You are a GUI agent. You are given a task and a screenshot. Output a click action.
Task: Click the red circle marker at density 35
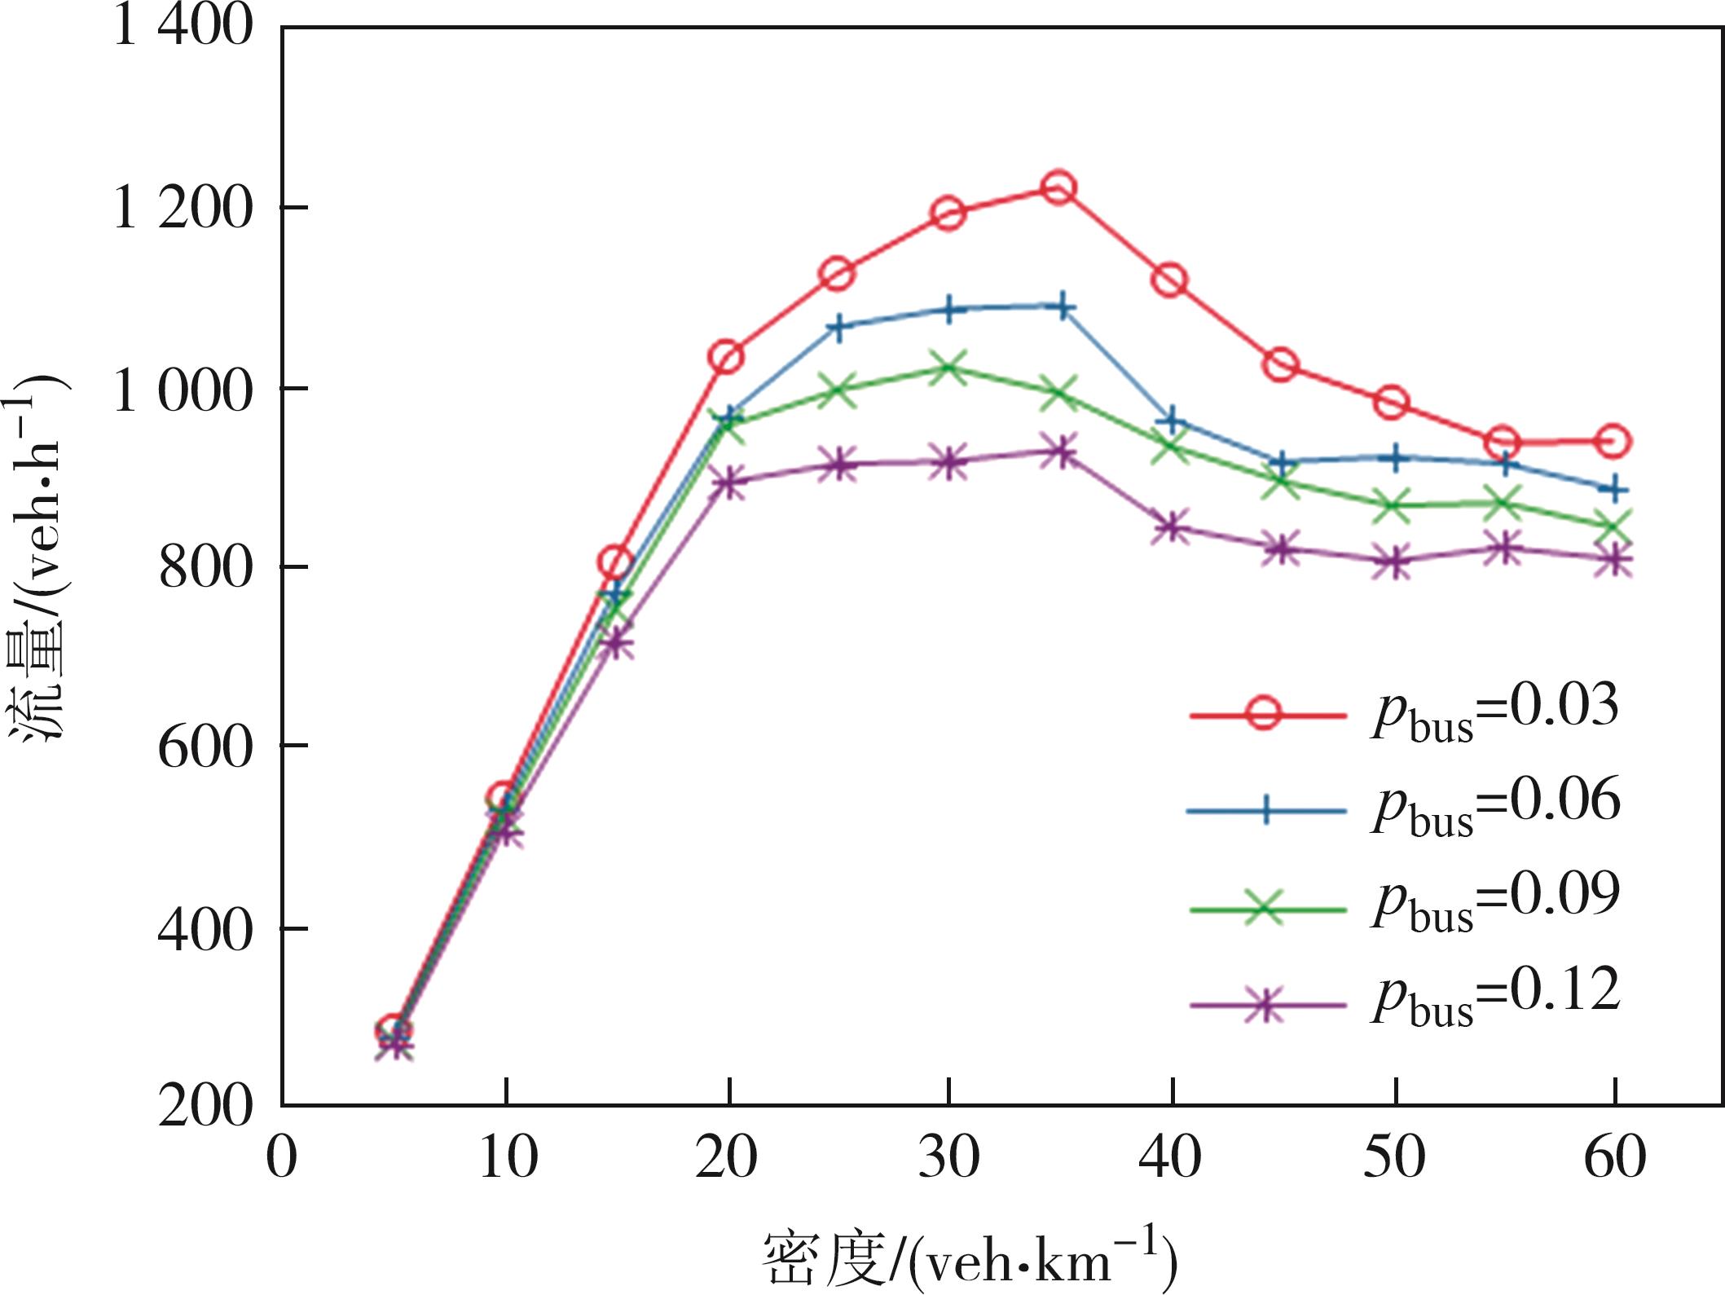[1058, 188]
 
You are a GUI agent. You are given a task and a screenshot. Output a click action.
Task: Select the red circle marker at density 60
[1613, 442]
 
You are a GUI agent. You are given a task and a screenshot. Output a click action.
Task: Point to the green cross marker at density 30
[948, 368]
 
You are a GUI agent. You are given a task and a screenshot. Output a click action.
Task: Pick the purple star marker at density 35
[1059, 451]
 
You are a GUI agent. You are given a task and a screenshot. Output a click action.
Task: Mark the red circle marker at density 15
[616, 562]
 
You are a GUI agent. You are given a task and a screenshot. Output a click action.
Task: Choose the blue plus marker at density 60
[1613, 490]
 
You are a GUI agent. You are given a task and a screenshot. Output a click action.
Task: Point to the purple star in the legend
[1264, 1005]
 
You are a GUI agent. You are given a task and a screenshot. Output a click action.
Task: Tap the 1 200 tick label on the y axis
[181, 208]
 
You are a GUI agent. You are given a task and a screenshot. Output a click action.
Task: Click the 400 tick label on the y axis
[205, 929]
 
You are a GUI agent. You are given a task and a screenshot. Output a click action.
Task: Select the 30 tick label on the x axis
[948, 1158]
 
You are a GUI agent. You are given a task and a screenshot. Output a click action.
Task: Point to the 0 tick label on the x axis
[282, 1158]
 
